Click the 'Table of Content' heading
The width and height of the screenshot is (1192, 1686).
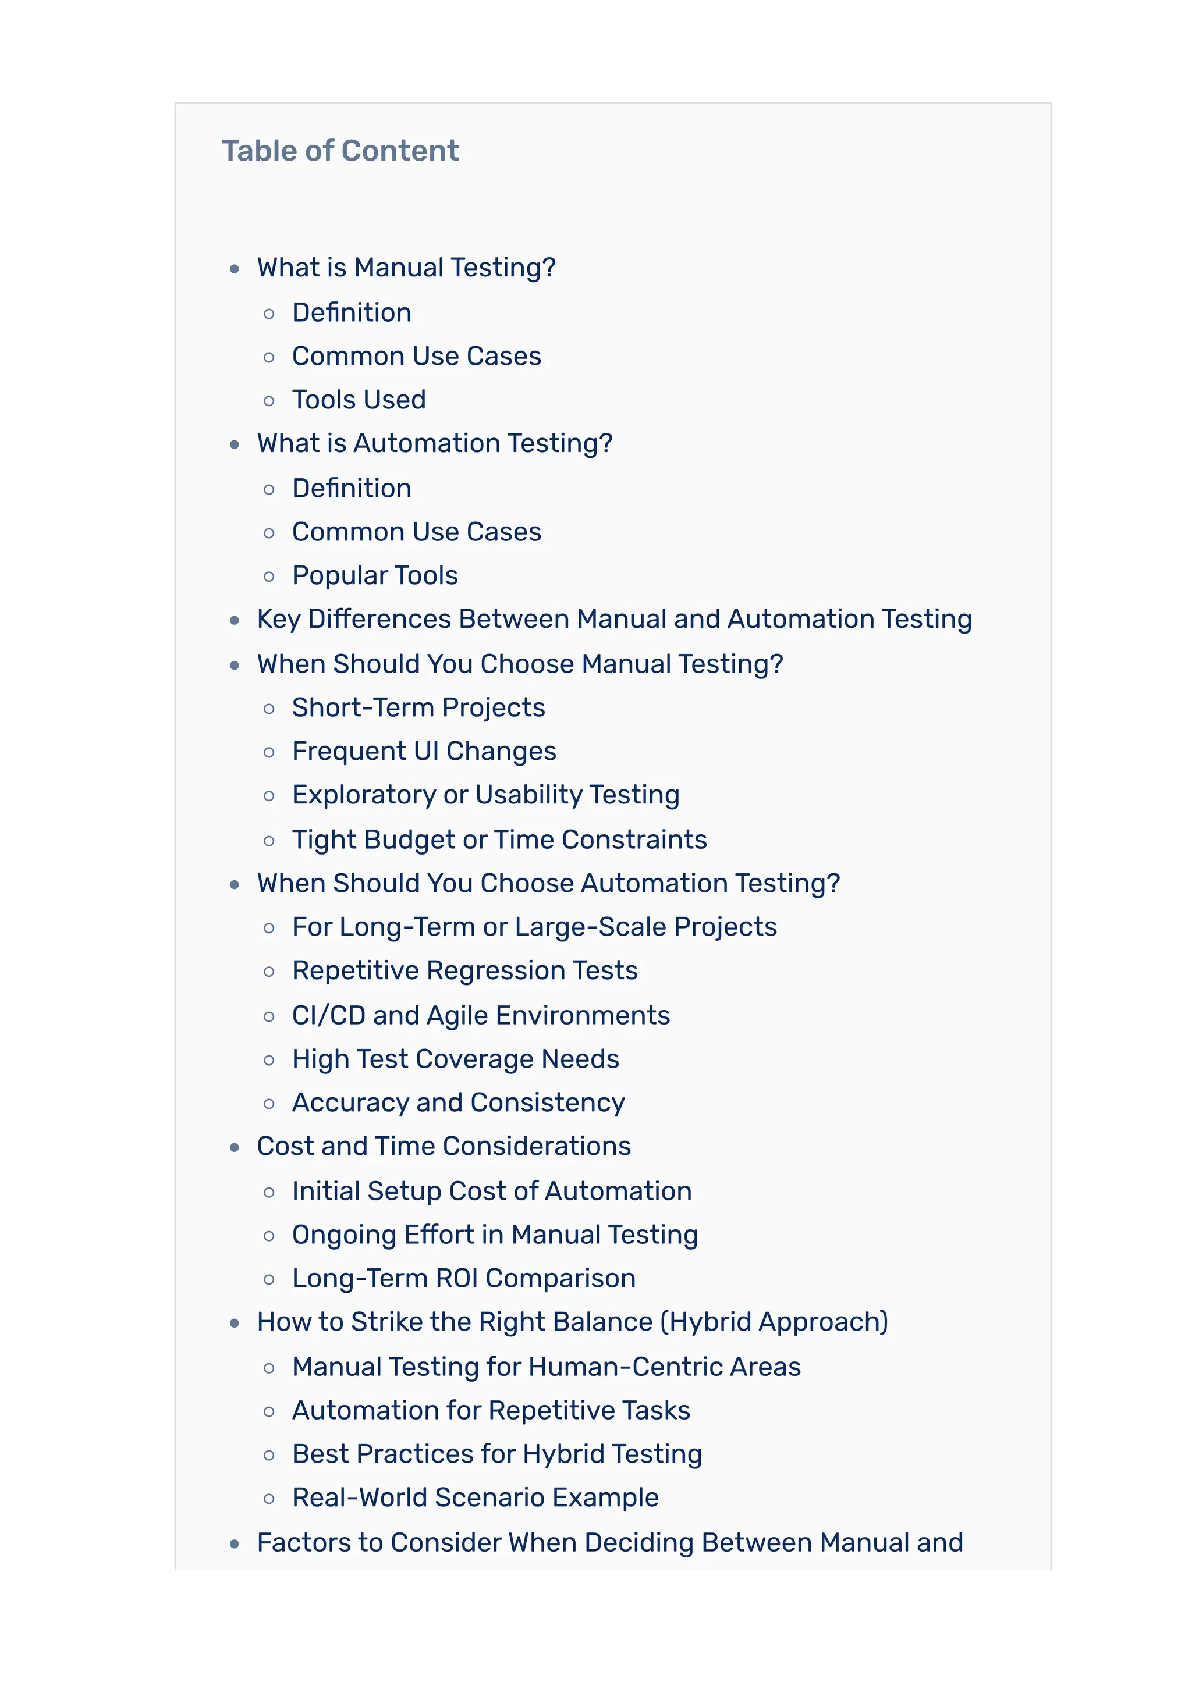(340, 151)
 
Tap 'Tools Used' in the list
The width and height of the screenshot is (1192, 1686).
(359, 400)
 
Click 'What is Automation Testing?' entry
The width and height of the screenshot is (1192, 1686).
(435, 443)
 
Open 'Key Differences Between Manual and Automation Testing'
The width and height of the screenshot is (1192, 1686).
(614, 619)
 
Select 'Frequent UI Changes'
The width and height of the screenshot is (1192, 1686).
(424, 751)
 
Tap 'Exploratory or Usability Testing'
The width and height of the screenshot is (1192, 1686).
(485, 795)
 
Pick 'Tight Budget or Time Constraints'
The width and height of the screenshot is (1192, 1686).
(499, 840)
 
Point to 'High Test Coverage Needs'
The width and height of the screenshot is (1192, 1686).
(455, 1059)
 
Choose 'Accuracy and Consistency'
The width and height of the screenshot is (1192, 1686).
(458, 1102)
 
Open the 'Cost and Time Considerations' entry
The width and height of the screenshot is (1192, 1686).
(444, 1146)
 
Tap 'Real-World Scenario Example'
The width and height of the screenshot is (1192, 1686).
(475, 1498)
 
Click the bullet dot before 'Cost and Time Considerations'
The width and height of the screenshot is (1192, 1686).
(235, 1148)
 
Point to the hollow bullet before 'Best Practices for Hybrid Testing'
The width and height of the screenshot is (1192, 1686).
(269, 1456)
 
